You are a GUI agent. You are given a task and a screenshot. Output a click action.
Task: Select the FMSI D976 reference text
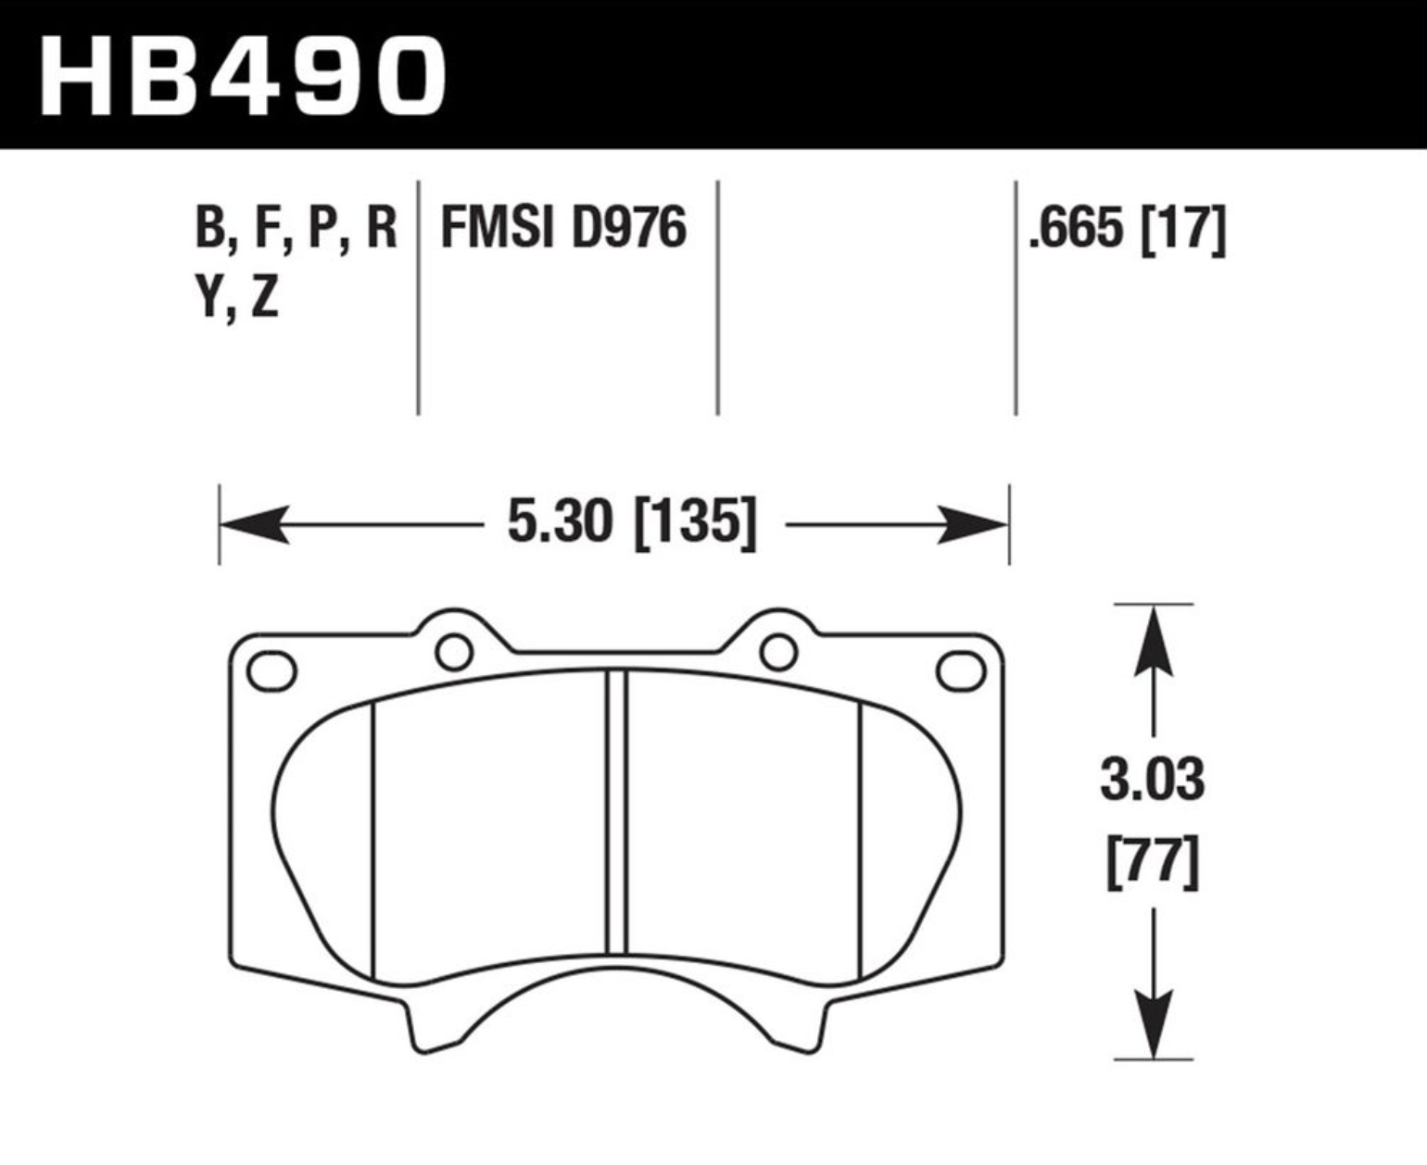tap(563, 228)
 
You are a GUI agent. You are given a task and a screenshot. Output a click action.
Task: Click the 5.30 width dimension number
tap(561, 523)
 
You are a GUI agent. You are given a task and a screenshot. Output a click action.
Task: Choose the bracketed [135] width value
tap(694, 524)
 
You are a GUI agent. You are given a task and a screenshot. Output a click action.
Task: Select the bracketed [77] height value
tap(1153, 863)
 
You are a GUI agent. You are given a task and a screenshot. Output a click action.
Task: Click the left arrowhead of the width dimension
tap(255, 524)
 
